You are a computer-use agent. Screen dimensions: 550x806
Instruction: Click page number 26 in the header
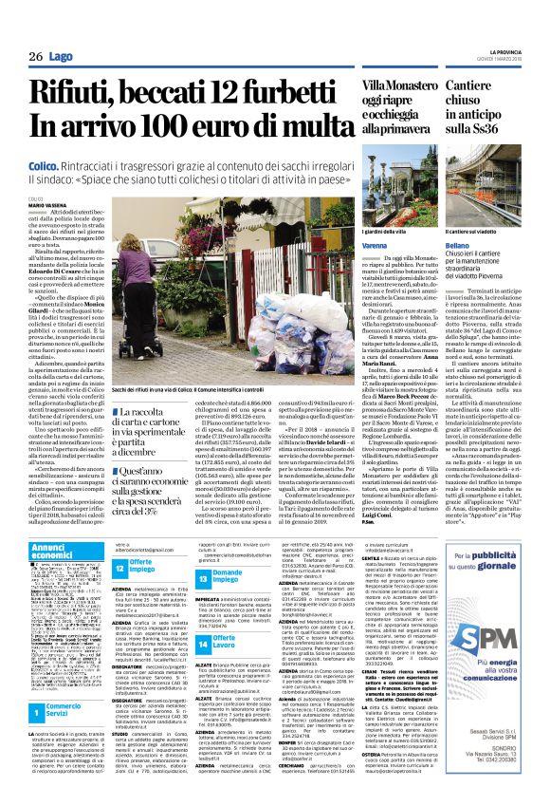click(x=35, y=57)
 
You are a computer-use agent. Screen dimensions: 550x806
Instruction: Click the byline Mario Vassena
click(x=43, y=205)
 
